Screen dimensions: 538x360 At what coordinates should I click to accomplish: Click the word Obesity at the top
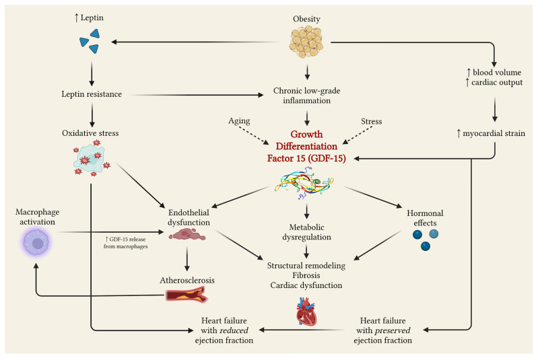306,19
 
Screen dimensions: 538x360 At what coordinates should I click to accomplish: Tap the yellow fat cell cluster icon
306,42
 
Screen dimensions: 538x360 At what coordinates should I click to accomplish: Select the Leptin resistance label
92,94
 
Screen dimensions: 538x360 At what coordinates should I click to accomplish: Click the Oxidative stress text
90,133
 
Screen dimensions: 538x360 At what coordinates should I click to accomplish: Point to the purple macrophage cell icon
36,242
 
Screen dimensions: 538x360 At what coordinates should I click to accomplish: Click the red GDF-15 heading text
306,146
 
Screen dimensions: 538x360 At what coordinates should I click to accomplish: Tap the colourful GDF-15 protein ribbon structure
304,183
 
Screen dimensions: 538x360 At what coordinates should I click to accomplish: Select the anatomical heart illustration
306,312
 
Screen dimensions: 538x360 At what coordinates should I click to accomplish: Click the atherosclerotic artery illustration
187,295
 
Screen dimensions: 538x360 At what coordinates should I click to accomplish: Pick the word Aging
239,120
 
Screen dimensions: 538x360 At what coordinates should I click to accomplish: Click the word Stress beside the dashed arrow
371,121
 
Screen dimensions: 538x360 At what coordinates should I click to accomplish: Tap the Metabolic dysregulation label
306,232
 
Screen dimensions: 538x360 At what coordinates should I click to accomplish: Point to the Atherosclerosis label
187,280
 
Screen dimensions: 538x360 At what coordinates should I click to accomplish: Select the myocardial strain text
491,133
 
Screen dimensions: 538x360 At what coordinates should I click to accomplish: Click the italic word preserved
392,330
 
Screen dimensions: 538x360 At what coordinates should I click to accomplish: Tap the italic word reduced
234,330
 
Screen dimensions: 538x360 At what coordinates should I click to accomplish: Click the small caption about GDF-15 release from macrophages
126,243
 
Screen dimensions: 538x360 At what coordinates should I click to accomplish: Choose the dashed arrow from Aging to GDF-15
253,135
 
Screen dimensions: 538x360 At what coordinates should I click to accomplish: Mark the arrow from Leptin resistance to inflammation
197,95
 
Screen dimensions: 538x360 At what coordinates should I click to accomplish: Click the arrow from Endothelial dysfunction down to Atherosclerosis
187,259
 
